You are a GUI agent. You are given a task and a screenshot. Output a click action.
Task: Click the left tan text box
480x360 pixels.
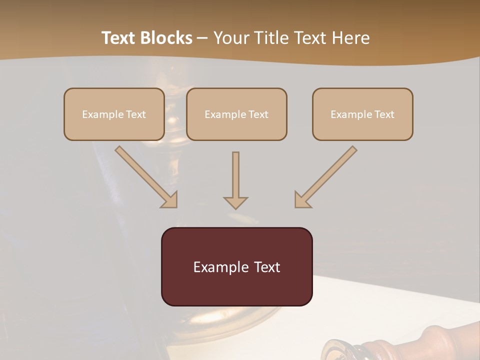(114, 114)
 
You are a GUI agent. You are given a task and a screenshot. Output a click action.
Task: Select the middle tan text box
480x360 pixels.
(236, 114)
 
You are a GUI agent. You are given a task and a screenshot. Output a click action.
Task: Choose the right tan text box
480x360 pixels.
(362, 114)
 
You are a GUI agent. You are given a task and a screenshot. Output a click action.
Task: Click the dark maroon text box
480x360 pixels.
(236, 266)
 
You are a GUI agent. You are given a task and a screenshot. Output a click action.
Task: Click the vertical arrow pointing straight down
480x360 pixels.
(235, 177)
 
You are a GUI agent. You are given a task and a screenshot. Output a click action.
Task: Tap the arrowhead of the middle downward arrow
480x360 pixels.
(235, 202)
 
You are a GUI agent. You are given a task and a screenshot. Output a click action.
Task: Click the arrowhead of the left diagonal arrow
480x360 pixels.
(169, 199)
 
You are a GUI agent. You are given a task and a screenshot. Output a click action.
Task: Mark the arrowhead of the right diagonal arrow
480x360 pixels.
(302, 199)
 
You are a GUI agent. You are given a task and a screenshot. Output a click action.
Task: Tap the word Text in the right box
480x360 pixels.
(384, 114)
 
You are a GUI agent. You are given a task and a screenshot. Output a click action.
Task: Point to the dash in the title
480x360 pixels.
(202, 38)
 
